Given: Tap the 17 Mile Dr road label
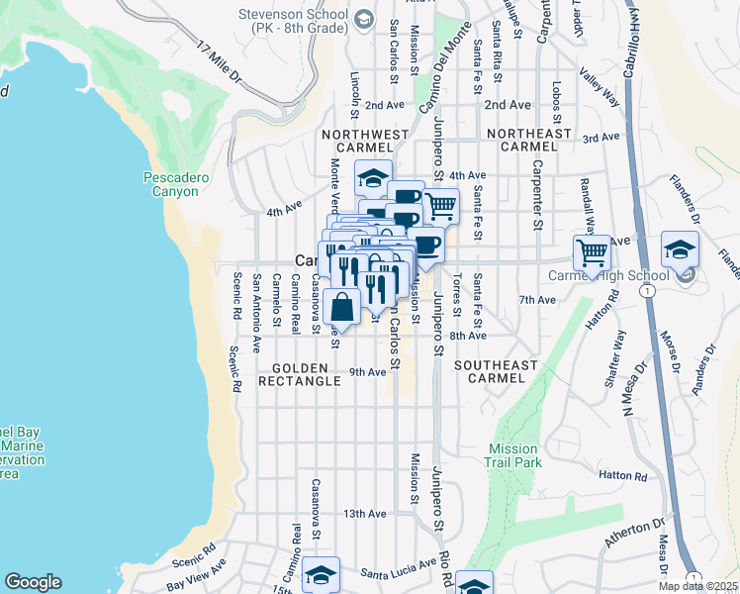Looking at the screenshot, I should pos(221,62).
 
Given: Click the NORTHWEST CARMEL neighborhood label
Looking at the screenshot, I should pos(364,141).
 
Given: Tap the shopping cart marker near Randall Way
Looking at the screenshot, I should pos(592,250).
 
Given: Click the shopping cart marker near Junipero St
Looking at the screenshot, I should pos(440,207).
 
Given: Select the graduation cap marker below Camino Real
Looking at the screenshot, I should pos(321,574).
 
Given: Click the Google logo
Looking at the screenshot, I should pos(33,582).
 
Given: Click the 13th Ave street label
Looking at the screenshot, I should pos(364,514).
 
